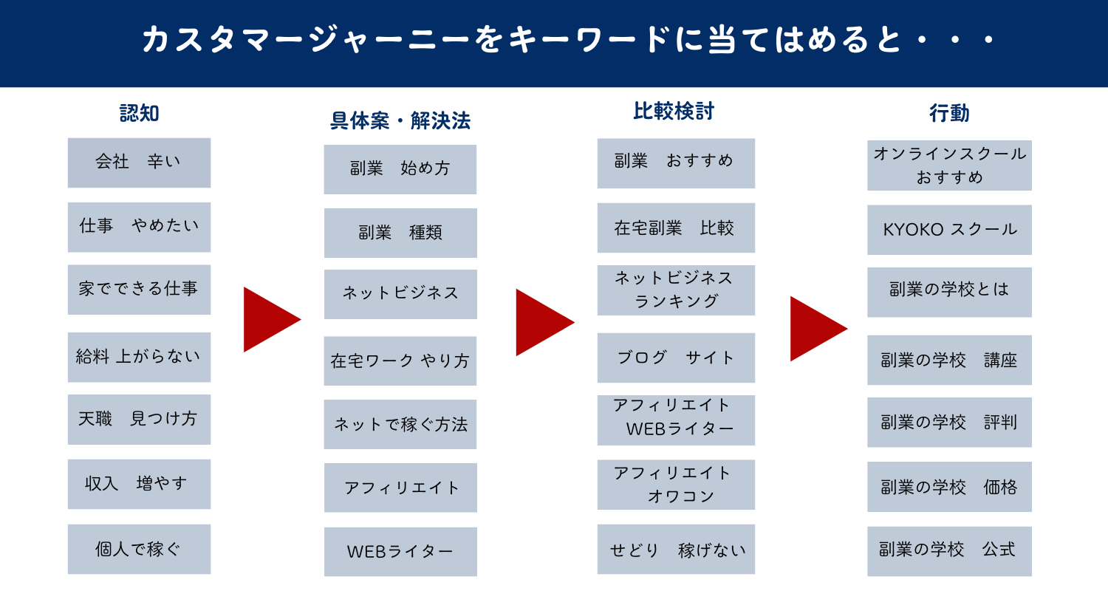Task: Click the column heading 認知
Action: [139, 113]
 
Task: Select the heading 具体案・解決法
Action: [400, 120]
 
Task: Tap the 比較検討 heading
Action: [674, 111]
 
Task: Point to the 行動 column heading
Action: [949, 113]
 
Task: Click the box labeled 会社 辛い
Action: [139, 163]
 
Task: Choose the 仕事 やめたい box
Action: [139, 227]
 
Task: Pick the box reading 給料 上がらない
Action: [139, 357]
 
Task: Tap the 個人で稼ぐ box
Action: [139, 549]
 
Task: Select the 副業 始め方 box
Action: [400, 169]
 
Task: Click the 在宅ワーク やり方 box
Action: [400, 361]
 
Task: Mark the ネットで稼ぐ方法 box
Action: [400, 425]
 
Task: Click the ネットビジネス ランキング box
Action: [676, 290]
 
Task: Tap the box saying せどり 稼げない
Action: [676, 549]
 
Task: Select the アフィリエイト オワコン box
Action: [676, 485]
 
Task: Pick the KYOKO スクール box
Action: [949, 230]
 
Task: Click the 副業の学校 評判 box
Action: [949, 423]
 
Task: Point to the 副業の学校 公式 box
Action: [949, 550]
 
